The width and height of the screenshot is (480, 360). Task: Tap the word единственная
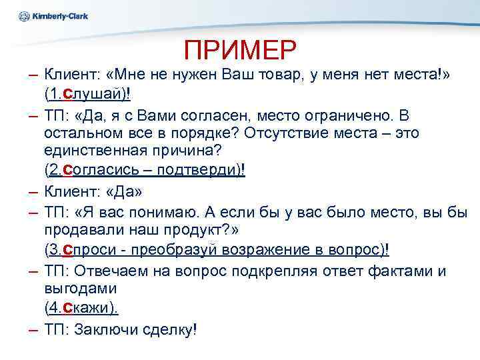click(102, 151)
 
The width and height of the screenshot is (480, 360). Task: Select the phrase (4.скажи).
click(82, 309)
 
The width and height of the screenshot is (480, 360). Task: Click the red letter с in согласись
click(67, 171)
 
